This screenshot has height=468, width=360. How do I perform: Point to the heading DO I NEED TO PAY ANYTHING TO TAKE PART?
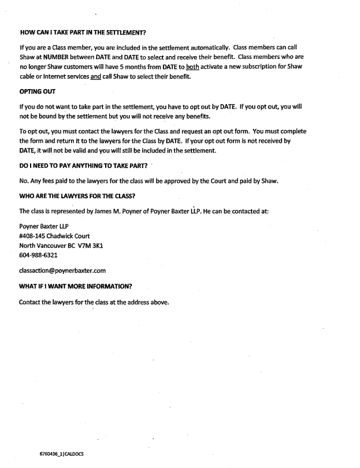[83, 166]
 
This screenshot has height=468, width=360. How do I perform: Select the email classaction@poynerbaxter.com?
[62, 270]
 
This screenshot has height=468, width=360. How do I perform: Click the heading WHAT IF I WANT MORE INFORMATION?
[76, 285]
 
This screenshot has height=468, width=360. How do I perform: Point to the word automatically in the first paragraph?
[210, 46]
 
